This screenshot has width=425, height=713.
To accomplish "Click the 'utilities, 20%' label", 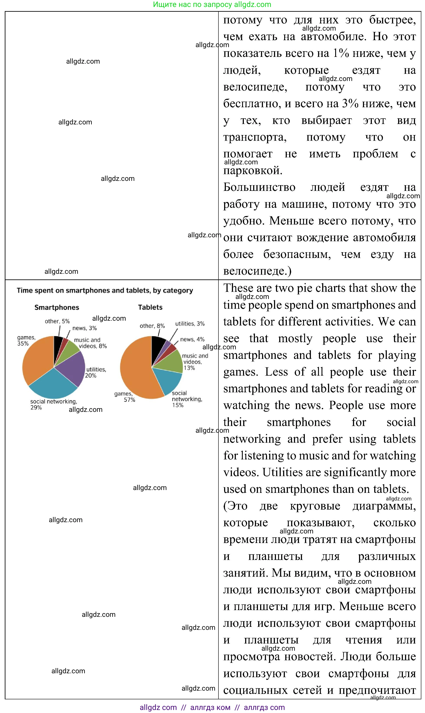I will [96, 372].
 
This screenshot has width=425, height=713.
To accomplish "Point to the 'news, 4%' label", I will [192, 339].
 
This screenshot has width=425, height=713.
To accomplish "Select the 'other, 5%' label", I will [57, 321].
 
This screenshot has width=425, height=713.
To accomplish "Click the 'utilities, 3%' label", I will [190, 323].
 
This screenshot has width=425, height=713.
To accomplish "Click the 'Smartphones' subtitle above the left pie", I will [57, 307].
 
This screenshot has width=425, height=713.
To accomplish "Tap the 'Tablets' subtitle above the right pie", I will [150, 307].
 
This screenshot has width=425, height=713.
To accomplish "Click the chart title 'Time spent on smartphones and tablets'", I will [105, 290].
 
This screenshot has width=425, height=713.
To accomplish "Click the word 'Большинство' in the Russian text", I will [259, 187].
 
